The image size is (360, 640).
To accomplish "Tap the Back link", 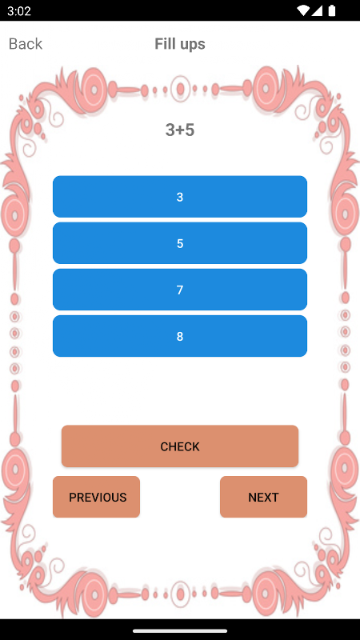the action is (x=26, y=44).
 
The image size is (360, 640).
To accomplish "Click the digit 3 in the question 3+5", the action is (x=170, y=130).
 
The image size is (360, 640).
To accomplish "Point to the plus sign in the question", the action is (x=179, y=130).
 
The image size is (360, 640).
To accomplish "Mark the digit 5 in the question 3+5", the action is (x=190, y=130).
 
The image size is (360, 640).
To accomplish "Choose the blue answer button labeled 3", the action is (x=180, y=197).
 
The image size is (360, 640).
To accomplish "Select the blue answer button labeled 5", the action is (x=180, y=243).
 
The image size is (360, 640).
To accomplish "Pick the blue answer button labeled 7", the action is (x=180, y=290).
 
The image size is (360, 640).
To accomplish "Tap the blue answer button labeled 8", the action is (x=180, y=336).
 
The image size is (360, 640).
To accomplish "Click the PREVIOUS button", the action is (x=96, y=497).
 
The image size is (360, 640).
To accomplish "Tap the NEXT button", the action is (x=263, y=497).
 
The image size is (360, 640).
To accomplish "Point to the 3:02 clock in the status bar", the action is (x=18, y=10).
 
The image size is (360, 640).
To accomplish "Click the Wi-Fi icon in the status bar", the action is (x=303, y=10).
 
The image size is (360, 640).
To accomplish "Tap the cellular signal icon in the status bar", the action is (x=318, y=10).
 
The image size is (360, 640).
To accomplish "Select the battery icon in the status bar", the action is (x=332, y=10).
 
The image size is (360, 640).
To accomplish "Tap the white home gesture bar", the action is (x=179, y=631).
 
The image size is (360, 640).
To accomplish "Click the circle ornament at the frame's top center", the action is (x=180, y=89).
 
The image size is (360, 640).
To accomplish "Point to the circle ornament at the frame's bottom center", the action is (x=180, y=594).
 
